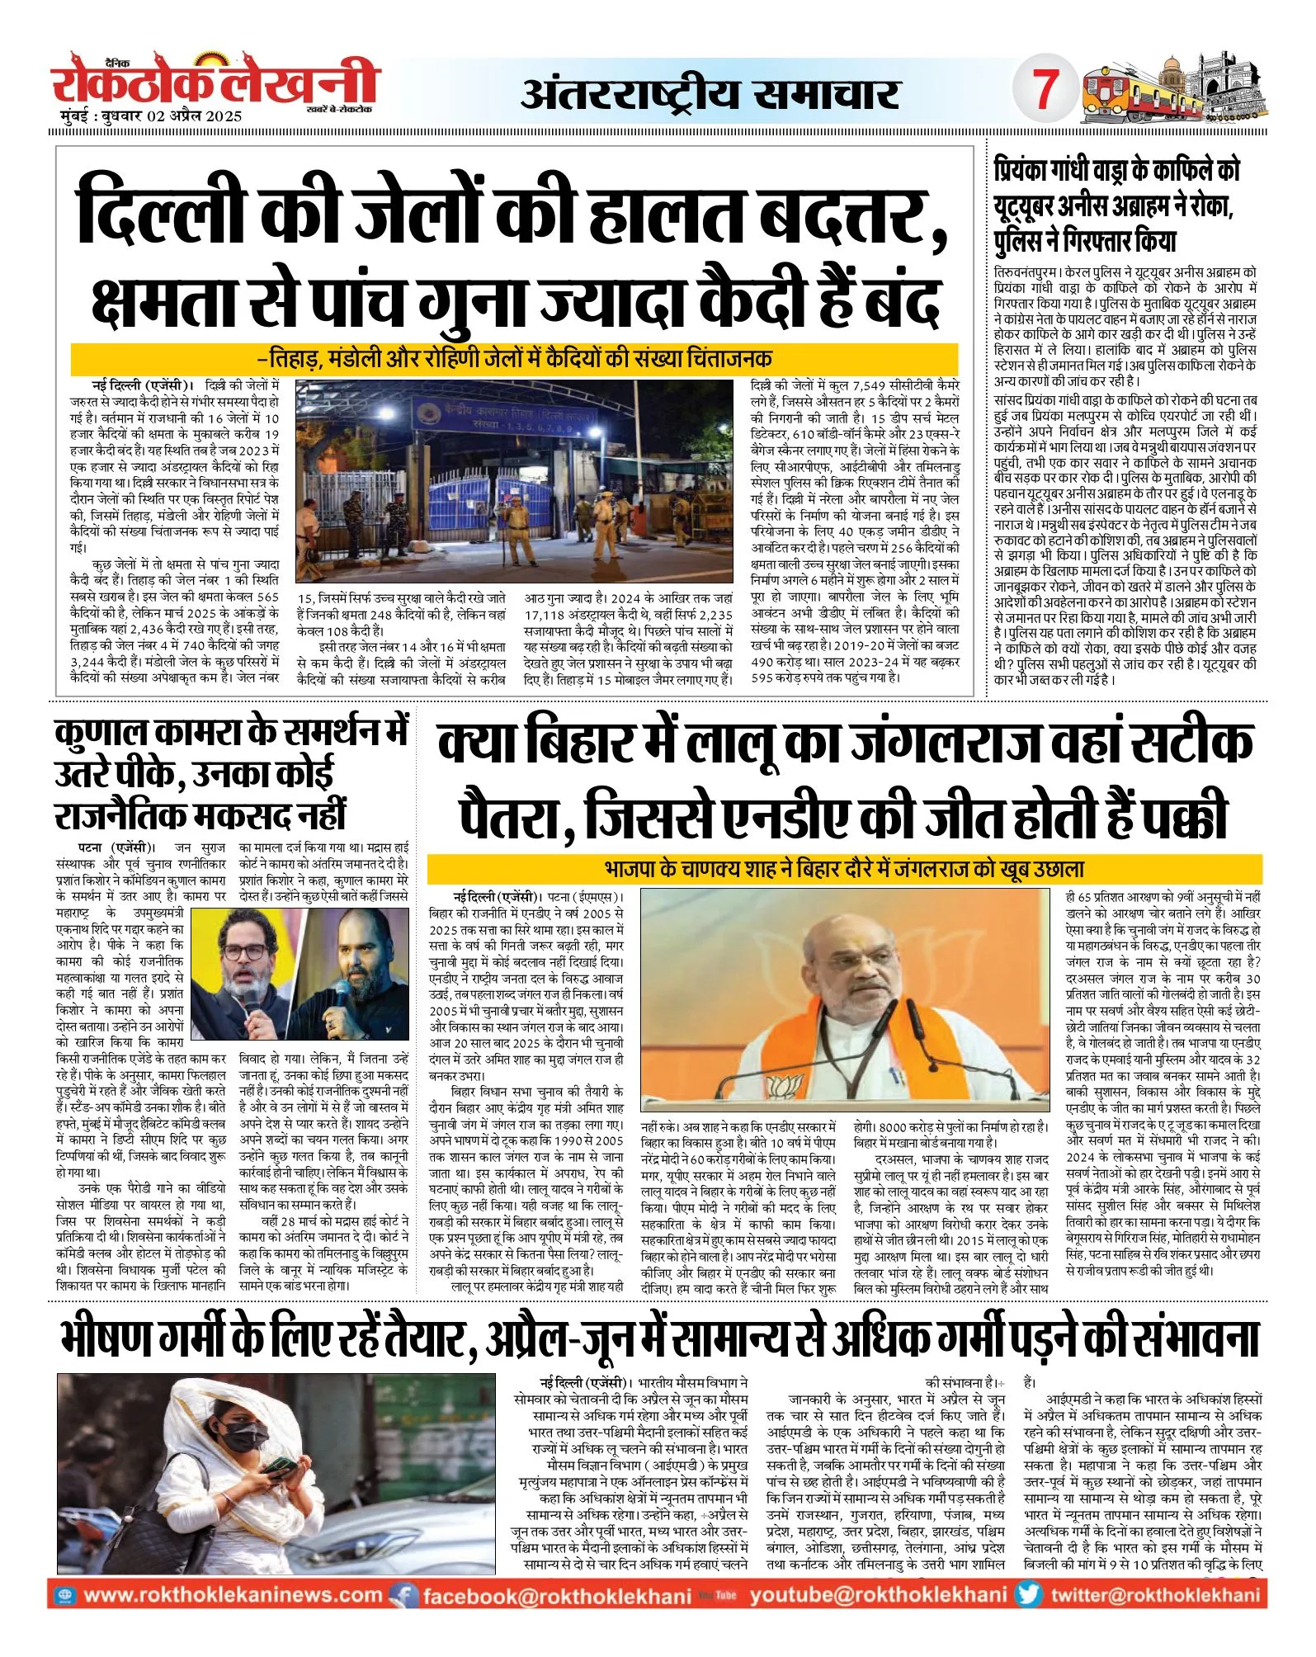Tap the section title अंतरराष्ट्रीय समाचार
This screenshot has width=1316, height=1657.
coord(710,94)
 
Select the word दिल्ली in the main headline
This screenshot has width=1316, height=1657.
coord(165,215)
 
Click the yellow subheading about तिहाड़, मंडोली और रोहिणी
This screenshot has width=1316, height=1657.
coord(514,359)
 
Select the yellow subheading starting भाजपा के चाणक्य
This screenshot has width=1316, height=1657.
coord(844,869)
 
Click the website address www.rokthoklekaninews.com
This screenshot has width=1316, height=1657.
coord(233,1594)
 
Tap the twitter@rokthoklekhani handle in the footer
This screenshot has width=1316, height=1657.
coord(1154,1594)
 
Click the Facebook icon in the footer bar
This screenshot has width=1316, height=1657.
coord(403,1595)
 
